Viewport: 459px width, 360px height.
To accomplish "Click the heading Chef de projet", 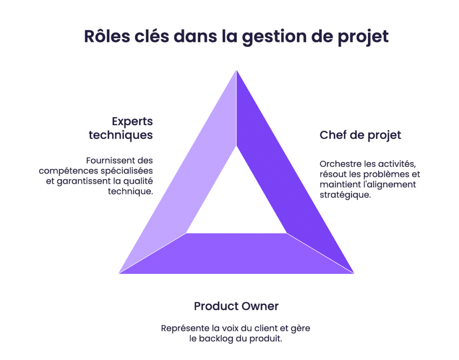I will pyautogui.click(x=360, y=135).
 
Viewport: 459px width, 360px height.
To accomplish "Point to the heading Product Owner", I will pyautogui.click(x=236, y=306).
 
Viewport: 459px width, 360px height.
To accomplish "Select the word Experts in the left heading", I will pyautogui.click(x=132, y=121).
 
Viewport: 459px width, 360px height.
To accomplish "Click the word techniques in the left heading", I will pyautogui.click(x=121, y=135).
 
